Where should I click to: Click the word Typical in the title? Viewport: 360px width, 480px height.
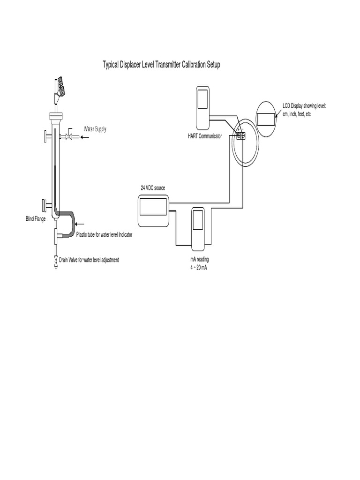tap(112, 65)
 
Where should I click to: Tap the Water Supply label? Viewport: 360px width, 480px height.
tap(95, 129)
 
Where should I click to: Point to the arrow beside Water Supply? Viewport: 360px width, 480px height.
tap(85, 137)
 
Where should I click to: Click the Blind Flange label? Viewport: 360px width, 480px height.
tap(36, 219)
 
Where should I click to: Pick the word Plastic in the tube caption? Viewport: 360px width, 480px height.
tap(83, 234)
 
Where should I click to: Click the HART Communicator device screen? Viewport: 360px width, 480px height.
tap(202, 99)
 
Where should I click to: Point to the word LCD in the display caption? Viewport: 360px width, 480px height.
tap(287, 106)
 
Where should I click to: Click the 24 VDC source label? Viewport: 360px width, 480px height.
tap(153, 187)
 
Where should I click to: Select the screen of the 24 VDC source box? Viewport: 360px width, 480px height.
tap(153, 208)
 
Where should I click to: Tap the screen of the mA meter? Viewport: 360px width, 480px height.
tap(198, 222)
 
